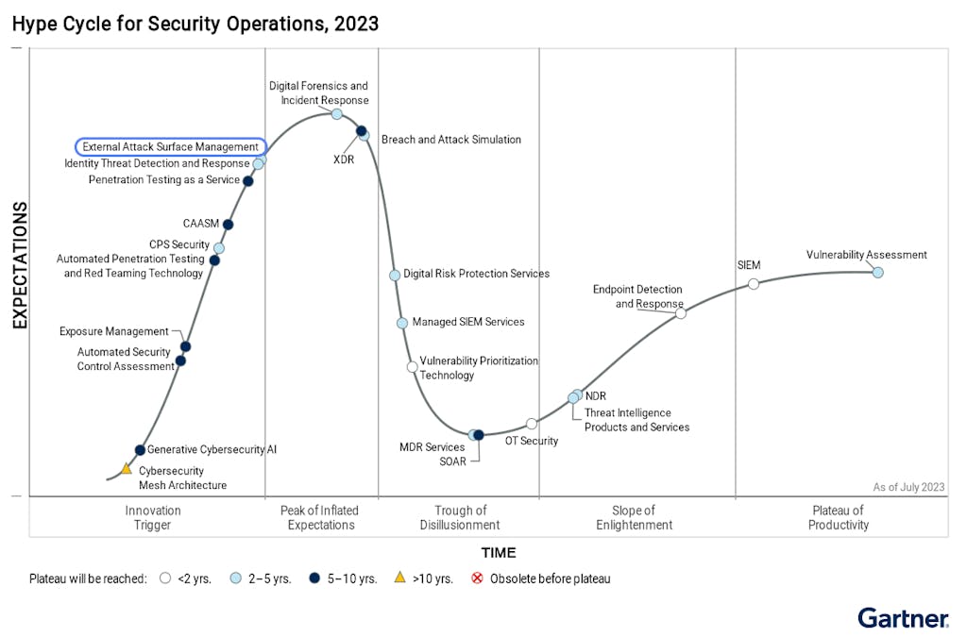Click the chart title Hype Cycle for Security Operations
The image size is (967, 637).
tap(195, 24)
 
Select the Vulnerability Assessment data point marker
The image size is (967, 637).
tap(877, 273)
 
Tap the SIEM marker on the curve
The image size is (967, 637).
tap(754, 284)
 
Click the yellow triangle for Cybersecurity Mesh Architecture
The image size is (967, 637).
tap(127, 468)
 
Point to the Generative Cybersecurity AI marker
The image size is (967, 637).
tap(140, 450)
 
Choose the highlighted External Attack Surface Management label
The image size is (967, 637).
tap(171, 147)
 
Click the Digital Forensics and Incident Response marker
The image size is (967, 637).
tap(336, 114)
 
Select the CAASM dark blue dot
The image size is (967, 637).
tap(228, 225)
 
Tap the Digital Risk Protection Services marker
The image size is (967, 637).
tap(395, 276)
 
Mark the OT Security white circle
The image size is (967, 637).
tap(532, 424)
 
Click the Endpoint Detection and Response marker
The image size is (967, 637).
tap(681, 313)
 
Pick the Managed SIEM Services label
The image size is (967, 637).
tap(468, 322)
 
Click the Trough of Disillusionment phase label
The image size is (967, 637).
tap(461, 517)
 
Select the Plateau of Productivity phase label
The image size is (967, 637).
tap(839, 517)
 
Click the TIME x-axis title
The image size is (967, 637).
tap(499, 553)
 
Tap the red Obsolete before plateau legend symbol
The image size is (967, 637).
tap(477, 578)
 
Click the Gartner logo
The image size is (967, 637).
tap(903, 618)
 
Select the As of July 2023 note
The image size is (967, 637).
tap(908, 487)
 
